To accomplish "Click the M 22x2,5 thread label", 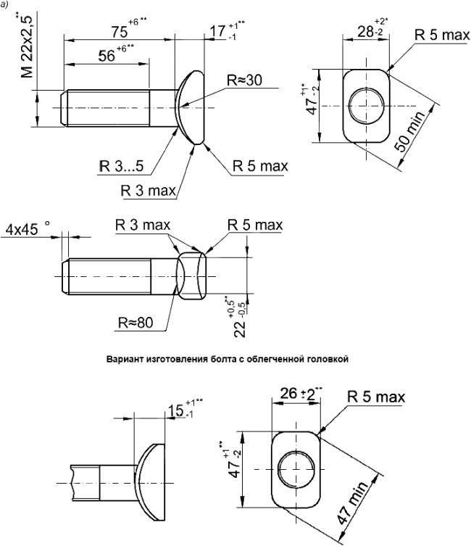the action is pyautogui.click(x=27, y=46).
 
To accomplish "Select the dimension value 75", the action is pyautogui.click(x=120, y=32).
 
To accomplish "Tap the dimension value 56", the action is pyautogui.click(x=107, y=56).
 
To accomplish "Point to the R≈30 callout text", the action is pyautogui.click(x=244, y=80).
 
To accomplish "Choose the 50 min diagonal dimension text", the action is pyautogui.click(x=409, y=132).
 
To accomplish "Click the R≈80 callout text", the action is pyautogui.click(x=136, y=323).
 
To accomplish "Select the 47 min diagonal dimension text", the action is pyautogui.click(x=352, y=503).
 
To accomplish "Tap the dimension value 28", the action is pyautogui.click(x=366, y=32).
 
